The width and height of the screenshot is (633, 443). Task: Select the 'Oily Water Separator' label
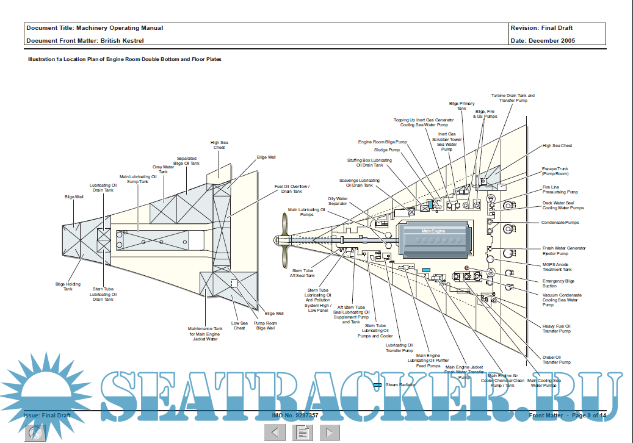click(338, 201)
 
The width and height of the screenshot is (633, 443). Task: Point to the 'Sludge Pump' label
click(387, 149)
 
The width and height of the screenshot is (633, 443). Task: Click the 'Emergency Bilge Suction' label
click(559, 284)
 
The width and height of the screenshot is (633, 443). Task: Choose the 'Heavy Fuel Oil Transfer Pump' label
click(556, 328)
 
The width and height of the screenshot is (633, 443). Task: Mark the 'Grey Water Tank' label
click(163, 169)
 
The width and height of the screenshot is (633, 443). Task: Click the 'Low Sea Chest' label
click(239, 325)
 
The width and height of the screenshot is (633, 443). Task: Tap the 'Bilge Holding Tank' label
click(68, 286)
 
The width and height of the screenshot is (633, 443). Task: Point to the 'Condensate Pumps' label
click(560, 223)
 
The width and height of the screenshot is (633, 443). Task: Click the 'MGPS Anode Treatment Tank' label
click(557, 267)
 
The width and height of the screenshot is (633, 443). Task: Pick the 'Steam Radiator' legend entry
click(400, 385)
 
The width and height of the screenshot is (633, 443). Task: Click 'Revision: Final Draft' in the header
click(541, 28)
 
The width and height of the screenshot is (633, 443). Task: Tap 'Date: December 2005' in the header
click(542, 41)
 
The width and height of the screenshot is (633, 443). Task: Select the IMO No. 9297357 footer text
click(295, 415)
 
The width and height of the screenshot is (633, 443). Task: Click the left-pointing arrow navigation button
click(275, 432)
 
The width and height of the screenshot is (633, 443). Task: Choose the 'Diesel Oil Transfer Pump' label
click(556, 359)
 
